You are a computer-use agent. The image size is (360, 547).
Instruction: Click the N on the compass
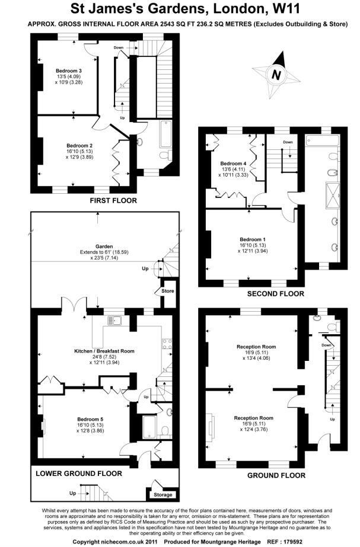click(276, 75)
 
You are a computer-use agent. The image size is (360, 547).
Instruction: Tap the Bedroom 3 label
click(69, 71)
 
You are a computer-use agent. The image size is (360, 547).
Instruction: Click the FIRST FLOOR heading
click(113, 200)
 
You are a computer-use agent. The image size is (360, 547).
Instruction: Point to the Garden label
click(104, 247)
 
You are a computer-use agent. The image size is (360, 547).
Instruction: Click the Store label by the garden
click(168, 291)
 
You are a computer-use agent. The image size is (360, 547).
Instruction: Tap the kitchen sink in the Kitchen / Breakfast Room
click(114, 320)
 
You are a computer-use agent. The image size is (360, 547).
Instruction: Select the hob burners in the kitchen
click(166, 344)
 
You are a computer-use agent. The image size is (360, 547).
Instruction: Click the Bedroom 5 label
click(90, 419)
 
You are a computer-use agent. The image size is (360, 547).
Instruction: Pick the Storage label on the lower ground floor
click(163, 495)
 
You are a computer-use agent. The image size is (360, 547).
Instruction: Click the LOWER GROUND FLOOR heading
click(79, 474)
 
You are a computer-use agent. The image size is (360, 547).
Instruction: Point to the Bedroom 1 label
click(253, 239)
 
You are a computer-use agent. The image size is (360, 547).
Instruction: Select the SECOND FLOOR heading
click(276, 294)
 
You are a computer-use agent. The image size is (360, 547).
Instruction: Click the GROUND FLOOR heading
click(276, 475)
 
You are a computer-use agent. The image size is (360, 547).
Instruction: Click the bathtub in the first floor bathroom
click(165, 134)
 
